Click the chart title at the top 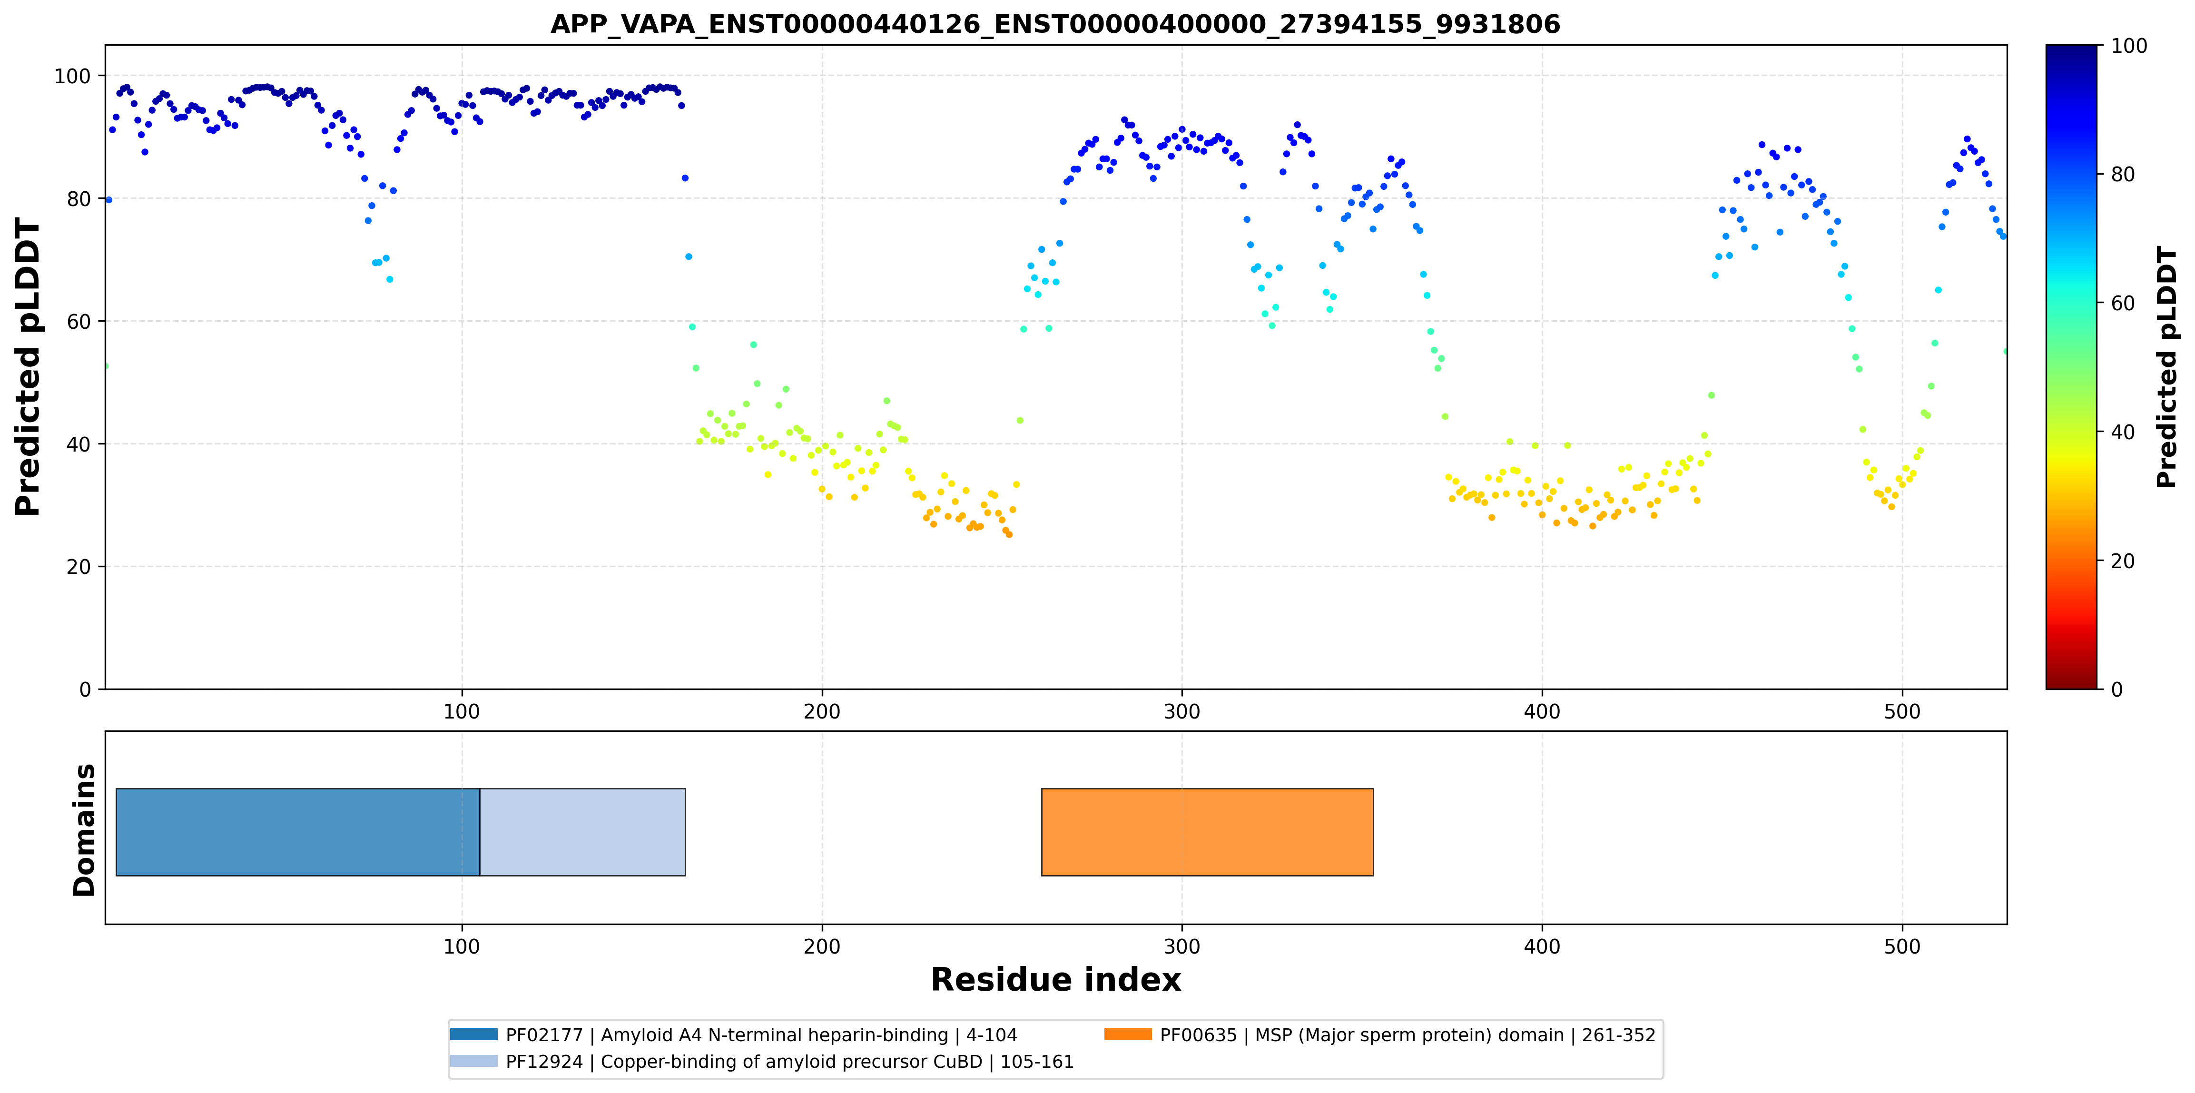[x=1055, y=24]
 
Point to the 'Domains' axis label [x=84, y=830]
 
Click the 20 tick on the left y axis [x=79, y=567]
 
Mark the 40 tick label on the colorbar [x=2123, y=433]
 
